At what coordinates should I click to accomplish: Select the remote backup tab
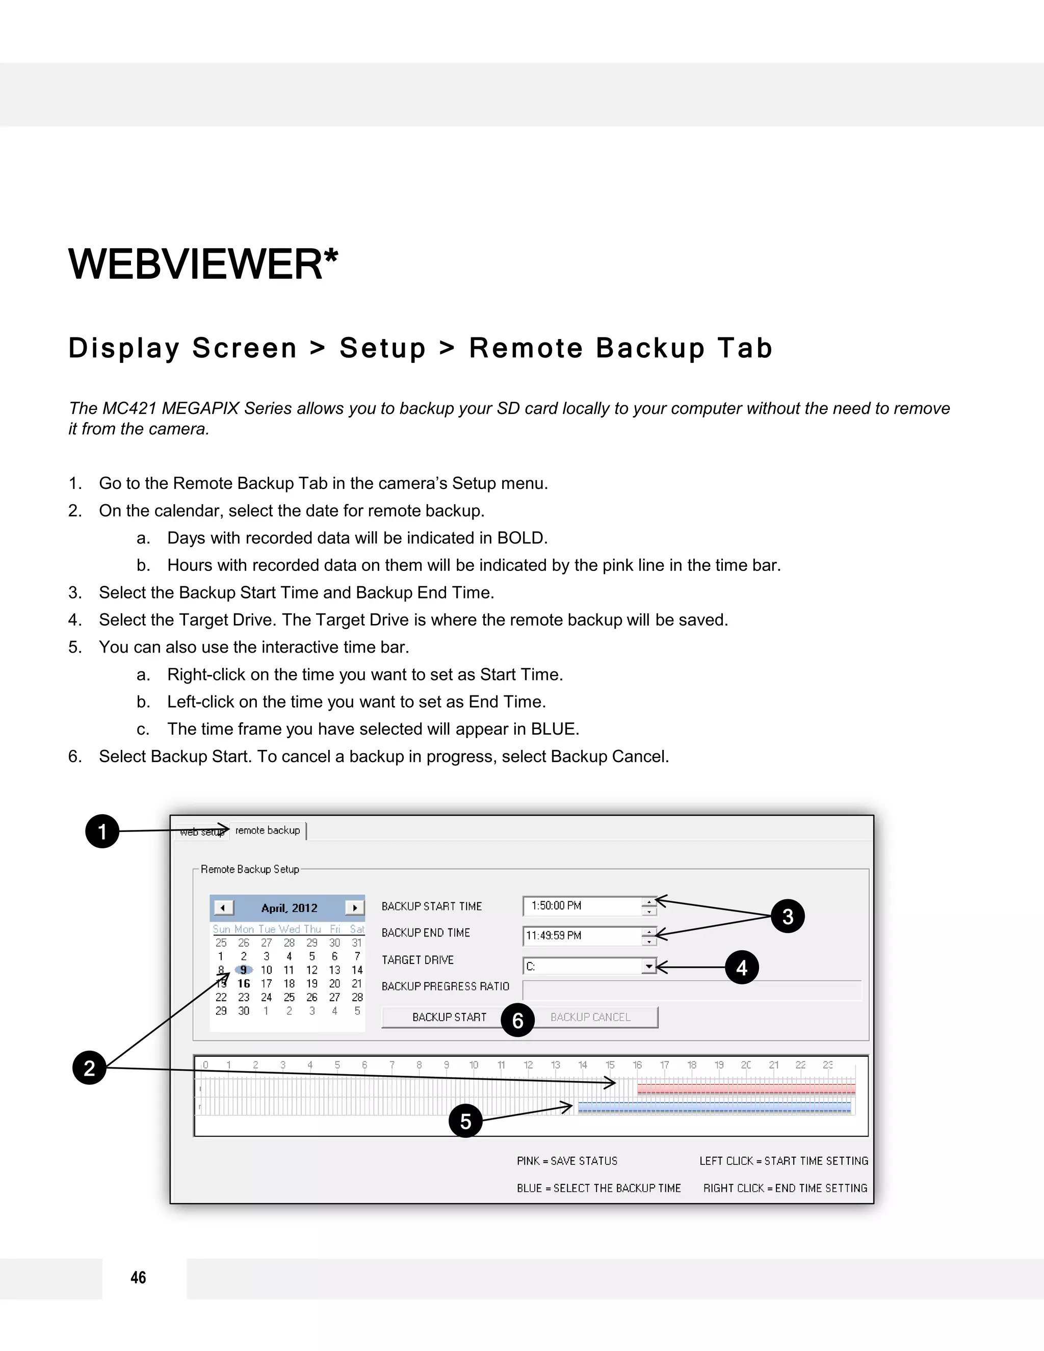pos(268,830)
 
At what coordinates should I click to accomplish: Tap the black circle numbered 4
pos(742,968)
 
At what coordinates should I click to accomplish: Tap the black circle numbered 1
pos(102,832)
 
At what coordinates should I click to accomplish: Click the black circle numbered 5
pos(465,1121)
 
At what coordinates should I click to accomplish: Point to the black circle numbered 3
pos(787,916)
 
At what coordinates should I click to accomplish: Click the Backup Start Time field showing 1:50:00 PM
pos(581,905)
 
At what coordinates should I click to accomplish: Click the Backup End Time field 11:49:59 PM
pos(581,936)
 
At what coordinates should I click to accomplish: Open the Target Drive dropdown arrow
pos(648,966)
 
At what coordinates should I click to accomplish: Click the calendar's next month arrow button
pos(354,907)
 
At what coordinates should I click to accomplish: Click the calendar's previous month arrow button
pos(223,907)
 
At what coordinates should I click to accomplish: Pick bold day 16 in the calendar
pos(244,983)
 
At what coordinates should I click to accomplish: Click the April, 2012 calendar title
pos(289,908)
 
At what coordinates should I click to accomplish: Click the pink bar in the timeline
pos(746,1089)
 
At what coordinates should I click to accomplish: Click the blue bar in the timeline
pos(714,1107)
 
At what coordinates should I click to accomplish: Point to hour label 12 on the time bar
pos(528,1064)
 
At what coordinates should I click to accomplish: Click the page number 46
pos(138,1278)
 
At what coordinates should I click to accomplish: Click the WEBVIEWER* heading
pos(203,264)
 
